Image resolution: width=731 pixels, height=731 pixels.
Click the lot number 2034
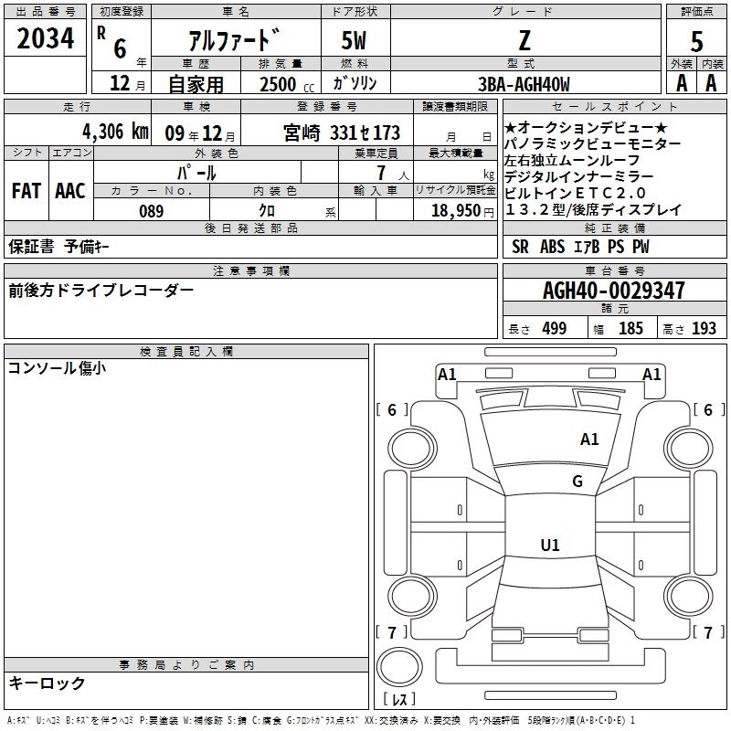click(46, 39)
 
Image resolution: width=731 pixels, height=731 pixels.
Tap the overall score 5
click(697, 41)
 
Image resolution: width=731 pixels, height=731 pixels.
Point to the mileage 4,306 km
click(114, 131)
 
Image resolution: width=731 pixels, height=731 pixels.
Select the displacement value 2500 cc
click(284, 85)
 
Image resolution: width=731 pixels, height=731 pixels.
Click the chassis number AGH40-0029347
click(613, 291)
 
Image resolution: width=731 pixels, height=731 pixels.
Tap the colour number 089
click(151, 211)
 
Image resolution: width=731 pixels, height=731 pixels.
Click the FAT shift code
click(26, 191)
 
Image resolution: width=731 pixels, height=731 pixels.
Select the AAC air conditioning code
click(70, 191)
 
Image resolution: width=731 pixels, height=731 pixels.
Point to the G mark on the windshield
click(577, 482)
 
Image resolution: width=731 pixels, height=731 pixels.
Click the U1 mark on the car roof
click(550, 546)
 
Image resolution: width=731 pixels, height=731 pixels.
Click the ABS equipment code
click(552, 247)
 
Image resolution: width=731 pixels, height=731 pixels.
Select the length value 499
click(554, 329)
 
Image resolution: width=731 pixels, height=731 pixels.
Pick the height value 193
click(704, 329)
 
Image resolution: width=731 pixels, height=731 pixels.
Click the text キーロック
click(48, 683)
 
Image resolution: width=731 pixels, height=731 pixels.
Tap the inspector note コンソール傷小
click(57, 368)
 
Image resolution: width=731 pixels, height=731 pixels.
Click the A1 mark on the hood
click(589, 440)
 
